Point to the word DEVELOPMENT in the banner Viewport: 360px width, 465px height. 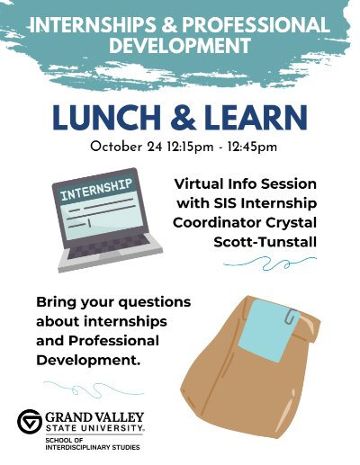pos(180,44)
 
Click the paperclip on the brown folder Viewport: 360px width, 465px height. pos(292,316)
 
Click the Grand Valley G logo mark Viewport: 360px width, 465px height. pos(30,422)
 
